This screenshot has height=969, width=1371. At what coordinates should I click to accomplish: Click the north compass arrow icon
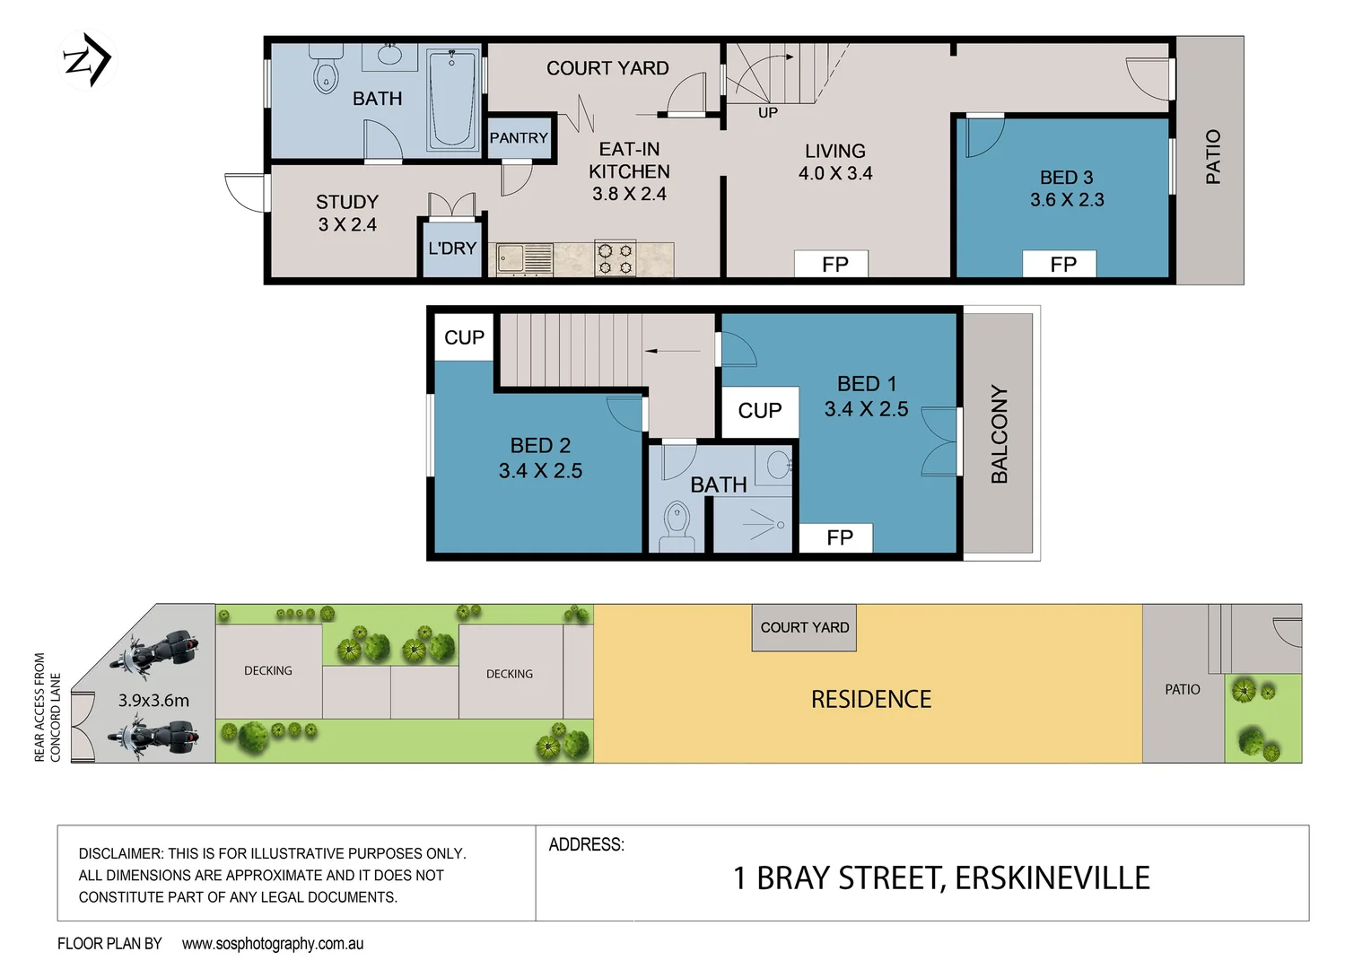[87, 61]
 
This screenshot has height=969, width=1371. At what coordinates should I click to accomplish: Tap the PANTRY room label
[519, 138]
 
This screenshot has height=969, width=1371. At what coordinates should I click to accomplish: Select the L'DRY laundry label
[452, 249]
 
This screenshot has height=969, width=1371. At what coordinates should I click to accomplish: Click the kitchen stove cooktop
[616, 259]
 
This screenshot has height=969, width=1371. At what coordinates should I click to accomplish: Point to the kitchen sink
[511, 259]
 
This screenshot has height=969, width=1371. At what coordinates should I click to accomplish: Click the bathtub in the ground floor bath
[452, 100]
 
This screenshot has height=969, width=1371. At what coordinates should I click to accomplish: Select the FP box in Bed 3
[1063, 265]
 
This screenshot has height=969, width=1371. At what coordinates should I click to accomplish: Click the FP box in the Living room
[834, 265]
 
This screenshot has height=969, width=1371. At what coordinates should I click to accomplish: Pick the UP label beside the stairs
[768, 113]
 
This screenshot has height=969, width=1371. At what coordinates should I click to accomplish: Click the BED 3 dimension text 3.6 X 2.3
[1067, 200]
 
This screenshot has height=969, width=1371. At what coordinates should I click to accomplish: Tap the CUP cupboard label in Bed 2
[464, 337]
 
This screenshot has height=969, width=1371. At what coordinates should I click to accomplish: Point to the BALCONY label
[1000, 434]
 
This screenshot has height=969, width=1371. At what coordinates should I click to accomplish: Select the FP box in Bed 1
[840, 537]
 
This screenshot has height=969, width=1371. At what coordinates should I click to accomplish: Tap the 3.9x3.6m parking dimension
[153, 701]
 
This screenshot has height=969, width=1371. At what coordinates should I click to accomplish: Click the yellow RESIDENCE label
[870, 700]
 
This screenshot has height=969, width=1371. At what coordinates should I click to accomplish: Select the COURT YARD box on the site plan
[804, 628]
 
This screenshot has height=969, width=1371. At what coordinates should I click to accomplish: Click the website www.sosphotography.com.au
[273, 944]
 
